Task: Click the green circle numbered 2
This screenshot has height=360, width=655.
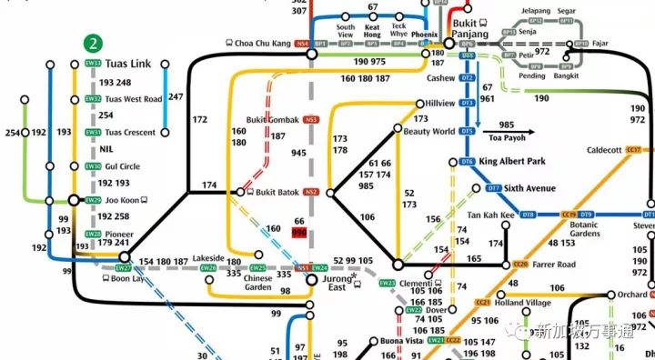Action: click(91, 43)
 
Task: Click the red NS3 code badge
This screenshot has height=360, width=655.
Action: click(312, 120)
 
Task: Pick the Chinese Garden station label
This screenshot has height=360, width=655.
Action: click(258, 283)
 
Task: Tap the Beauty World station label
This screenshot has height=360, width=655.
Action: click(429, 132)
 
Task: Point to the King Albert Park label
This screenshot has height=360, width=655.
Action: click(512, 161)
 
